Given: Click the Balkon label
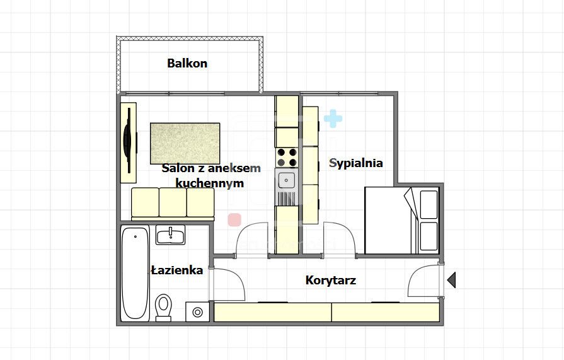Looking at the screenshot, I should pyautogui.click(x=187, y=63).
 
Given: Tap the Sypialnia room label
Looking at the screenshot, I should pyautogui.click(x=356, y=163).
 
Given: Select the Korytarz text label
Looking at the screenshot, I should pyautogui.click(x=330, y=280).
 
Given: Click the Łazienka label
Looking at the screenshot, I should pyautogui.click(x=177, y=270).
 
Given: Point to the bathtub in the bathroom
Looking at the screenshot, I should pyautogui.click(x=135, y=274).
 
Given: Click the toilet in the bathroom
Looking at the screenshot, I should pyautogui.click(x=164, y=307).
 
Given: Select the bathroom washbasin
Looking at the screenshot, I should pyautogui.click(x=170, y=236).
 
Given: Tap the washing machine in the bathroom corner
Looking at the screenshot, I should pyautogui.click(x=198, y=311).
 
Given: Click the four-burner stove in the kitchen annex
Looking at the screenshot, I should pyautogui.click(x=287, y=157).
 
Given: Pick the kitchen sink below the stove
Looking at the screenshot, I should pyautogui.click(x=287, y=180).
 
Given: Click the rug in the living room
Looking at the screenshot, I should pyautogui.click(x=185, y=143).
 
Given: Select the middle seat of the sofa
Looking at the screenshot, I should pyautogui.click(x=173, y=202).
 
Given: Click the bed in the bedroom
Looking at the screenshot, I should pyautogui.click(x=401, y=221).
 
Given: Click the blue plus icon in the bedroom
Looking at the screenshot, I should pyautogui.click(x=333, y=118).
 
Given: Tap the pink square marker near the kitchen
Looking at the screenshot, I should pyautogui.click(x=234, y=219).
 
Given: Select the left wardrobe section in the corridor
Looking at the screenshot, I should pyautogui.click(x=273, y=312).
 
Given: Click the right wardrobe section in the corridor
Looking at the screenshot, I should pyautogui.click(x=385, y=312).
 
